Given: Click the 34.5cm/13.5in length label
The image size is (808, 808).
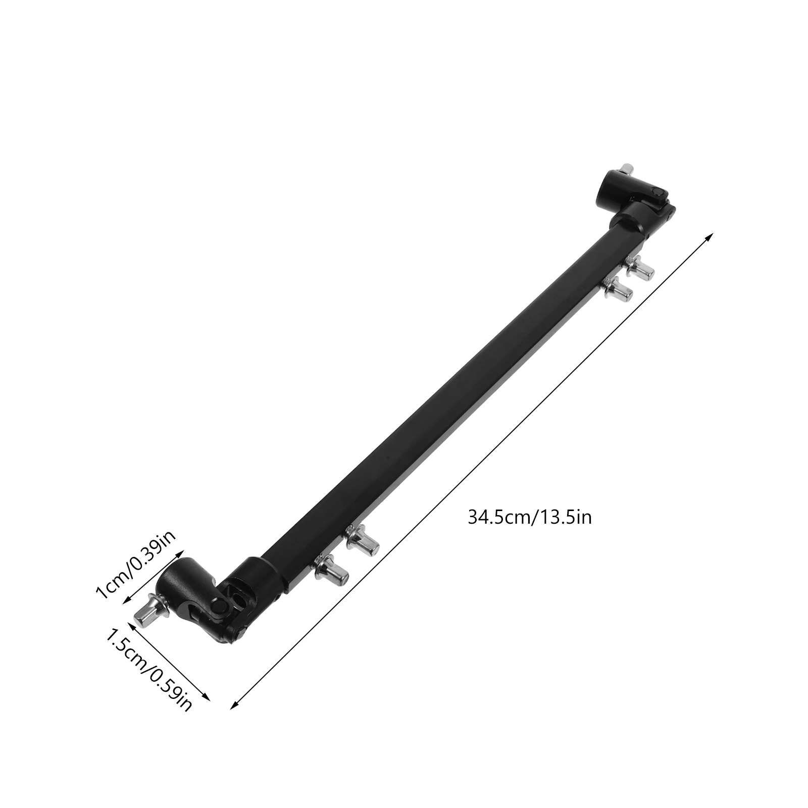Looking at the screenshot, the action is click(529, 518).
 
